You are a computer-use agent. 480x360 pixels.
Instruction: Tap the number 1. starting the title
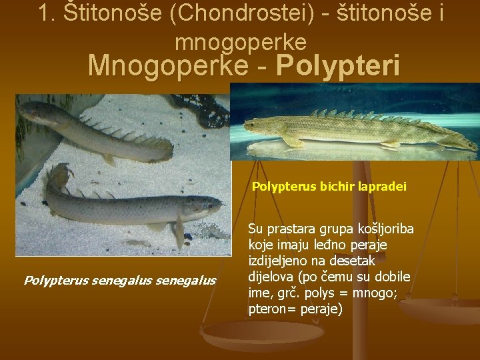point(47,14)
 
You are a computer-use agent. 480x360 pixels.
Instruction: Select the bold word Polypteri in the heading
point(338,66)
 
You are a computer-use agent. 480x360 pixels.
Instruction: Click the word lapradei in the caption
point(380,187)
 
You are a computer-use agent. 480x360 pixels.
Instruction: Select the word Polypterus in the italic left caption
point(55,280)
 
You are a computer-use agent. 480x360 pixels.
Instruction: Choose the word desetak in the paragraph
point(355,261)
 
